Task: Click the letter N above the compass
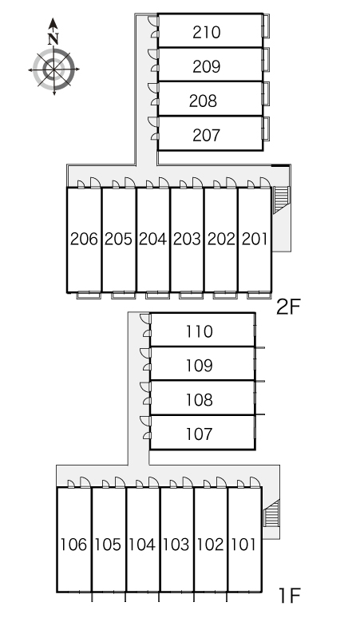53,38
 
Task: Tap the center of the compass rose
53,69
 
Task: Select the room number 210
207,32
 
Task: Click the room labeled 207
207,135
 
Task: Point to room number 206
84,239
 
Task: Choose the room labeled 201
255,239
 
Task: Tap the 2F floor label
288,307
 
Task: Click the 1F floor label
290,596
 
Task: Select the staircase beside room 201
281,200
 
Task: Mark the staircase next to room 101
271,513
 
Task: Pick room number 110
200,331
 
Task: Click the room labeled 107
200,434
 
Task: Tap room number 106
73,545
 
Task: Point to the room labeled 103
176,545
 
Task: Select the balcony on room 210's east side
267,26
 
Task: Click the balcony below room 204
157,295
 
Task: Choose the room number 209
207,66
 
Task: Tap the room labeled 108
200,400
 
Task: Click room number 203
187,239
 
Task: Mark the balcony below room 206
89,295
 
